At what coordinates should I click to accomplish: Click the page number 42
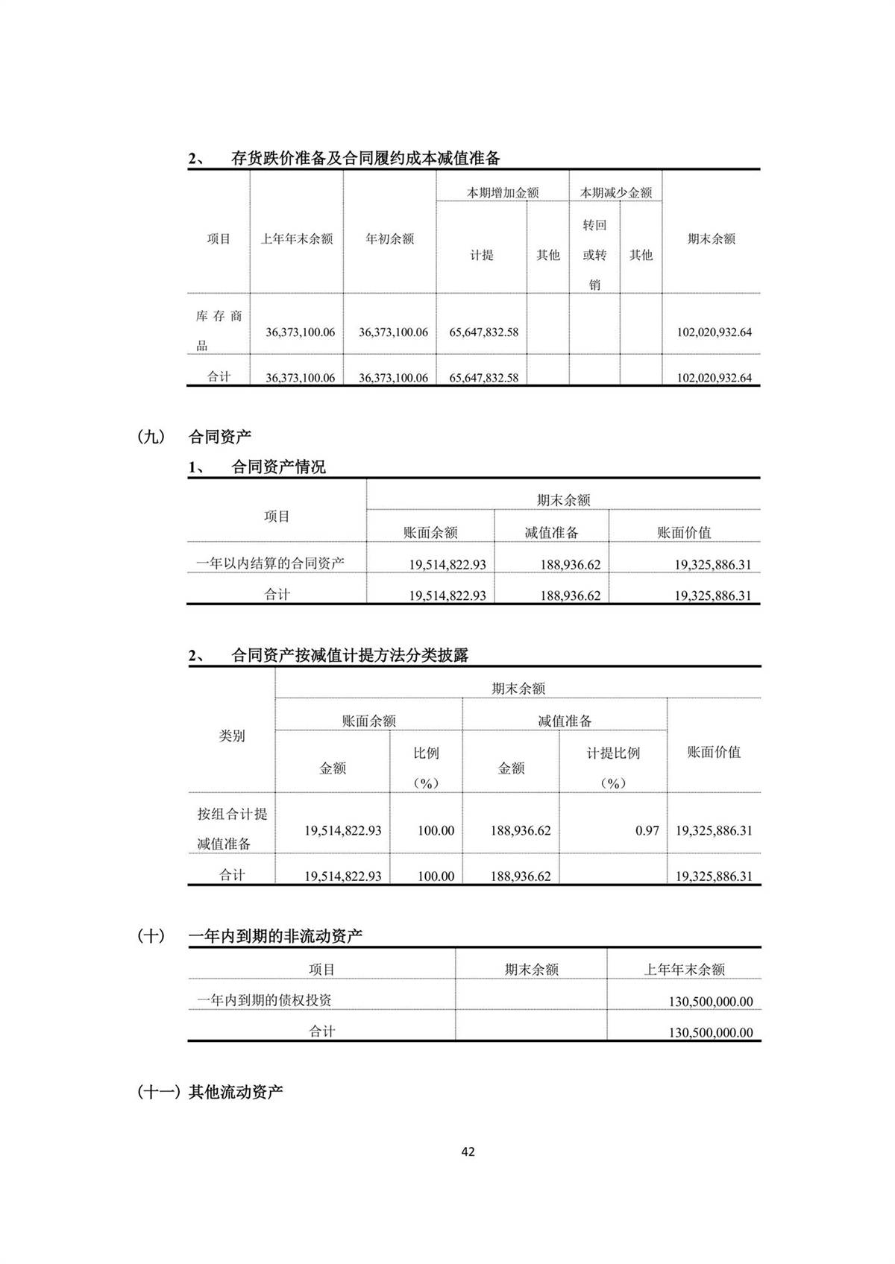[x=468, y=1151]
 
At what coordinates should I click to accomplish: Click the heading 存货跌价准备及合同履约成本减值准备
[x=365, y=158]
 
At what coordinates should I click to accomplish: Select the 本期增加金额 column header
[x=503, y=192]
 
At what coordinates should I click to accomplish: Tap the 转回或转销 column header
[x=594, y=255]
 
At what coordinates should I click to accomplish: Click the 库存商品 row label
[x=219, y=330]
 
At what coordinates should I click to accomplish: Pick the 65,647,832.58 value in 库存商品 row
[x=483, y=332]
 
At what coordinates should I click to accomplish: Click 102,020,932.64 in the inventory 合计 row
[x=714, y=378]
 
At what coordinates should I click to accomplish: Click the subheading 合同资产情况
[x=278, y=467]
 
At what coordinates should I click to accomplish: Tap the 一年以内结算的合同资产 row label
[x=270, y=563]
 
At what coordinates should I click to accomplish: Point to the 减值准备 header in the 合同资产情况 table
[x=551, y=532]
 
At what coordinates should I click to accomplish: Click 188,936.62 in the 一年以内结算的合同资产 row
[x=570, y=565]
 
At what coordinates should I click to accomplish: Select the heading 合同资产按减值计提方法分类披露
[x=350, y=655]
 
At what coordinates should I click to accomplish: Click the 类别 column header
[x=231, y=736]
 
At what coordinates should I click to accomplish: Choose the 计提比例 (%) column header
[x=612, y=767]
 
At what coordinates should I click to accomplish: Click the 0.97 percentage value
[x=647, y=830]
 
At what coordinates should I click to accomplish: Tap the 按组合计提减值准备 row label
[x=232, y=828]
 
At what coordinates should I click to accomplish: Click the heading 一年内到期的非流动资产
[x=275, y=936]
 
